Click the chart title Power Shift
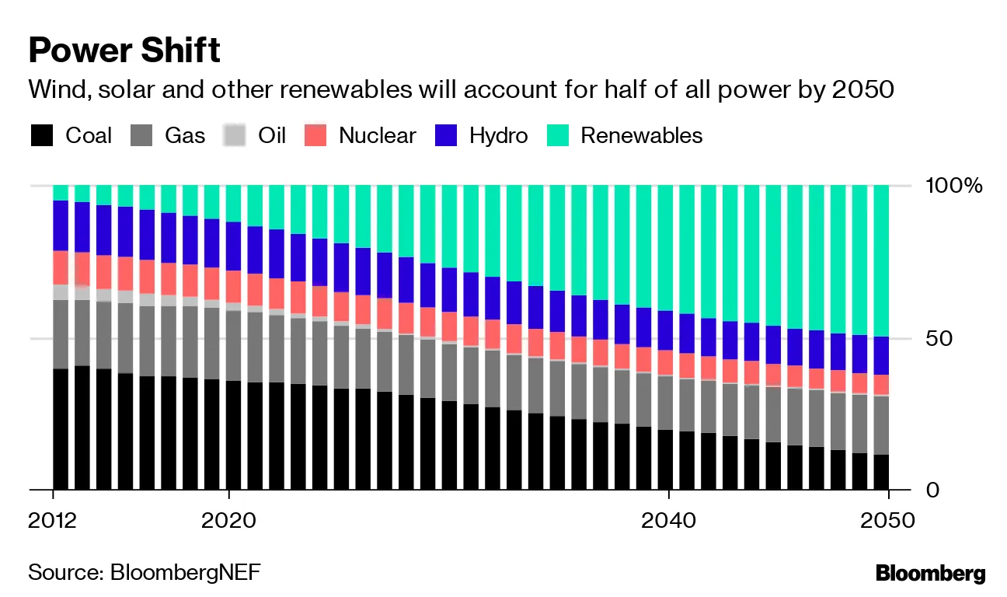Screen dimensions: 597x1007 (x=124, y=51)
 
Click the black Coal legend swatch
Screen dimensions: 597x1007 (x=42, y=136)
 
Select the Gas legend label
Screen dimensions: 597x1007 (x=185, y=136)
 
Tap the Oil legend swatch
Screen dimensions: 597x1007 (x=234, y=136)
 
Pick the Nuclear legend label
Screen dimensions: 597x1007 (x=377, y=136)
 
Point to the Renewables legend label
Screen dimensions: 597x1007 (x=641, y=136)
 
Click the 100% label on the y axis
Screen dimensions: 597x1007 (x=954, y=186)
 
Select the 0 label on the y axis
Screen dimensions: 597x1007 (x=933, y=490)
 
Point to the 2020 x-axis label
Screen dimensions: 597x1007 (x=228, y=520)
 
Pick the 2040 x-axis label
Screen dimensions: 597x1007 (x=668, y=520)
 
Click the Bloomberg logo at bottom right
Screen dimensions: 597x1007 (x=930, y=574)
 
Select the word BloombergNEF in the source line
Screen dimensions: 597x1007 (x=186, y=573)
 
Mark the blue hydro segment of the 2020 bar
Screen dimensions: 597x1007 (x=235, y=246)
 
